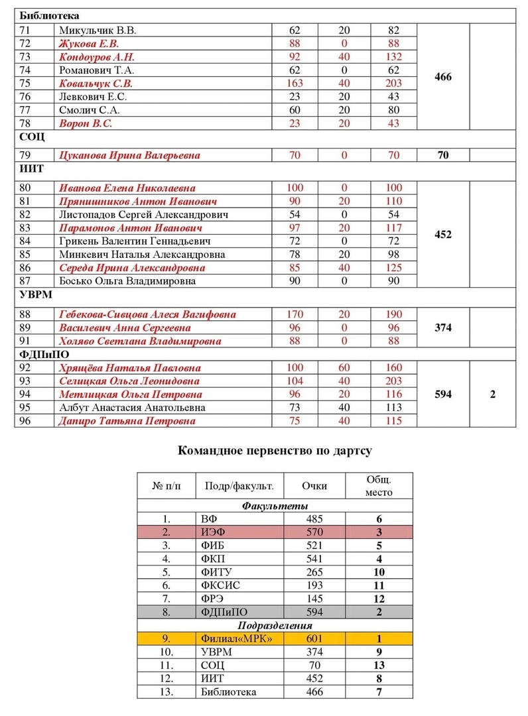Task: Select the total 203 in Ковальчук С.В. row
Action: coord(393,84)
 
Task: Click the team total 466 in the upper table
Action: coord(442,77)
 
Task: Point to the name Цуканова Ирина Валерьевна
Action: coord(129,155)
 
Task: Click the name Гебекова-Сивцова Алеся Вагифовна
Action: coord(147,314)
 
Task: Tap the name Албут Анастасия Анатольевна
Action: coord(132,408)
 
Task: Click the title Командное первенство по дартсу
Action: coord(275,451)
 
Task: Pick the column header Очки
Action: coord(314,486)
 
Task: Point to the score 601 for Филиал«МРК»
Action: coord(314,638)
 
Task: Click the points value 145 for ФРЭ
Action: coord(314,599)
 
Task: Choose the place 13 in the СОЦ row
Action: coord(379,665)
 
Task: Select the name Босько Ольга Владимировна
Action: coord(128,281)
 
